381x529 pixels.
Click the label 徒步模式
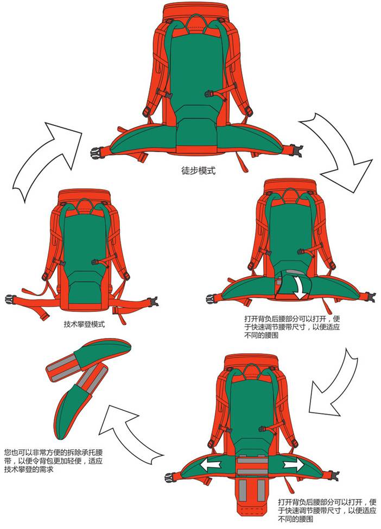pyautogui.click(x=198, y=171)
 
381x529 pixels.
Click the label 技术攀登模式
pyautogui.click(x=84, y=324)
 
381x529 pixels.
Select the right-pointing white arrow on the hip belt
pyautogui.click(x=292, y=466)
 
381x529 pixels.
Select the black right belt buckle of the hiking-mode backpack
pyautogui.click(x=296, y=149)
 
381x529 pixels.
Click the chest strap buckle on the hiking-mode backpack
pyautogui.click(x=209, y=93)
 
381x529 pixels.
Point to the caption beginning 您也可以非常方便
pyautogui.click(x=53, y=461)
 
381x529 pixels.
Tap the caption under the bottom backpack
pyautogui.click(x=327, y=510)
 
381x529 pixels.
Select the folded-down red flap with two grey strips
pyautogui.click(x=252, y=496)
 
